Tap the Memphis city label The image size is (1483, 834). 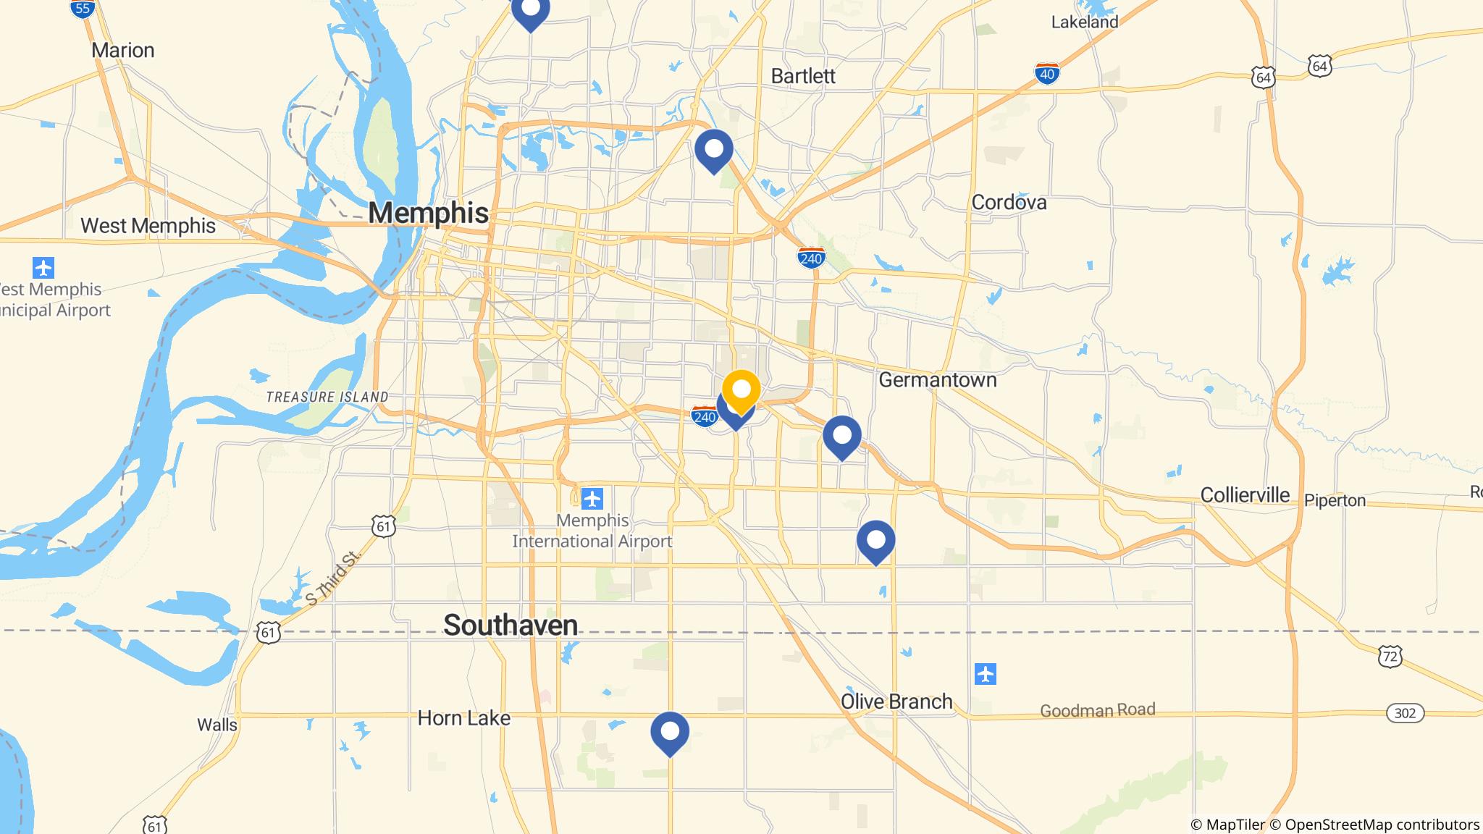428,213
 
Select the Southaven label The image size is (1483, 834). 511,625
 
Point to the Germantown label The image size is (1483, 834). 937,379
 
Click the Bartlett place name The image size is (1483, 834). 803,76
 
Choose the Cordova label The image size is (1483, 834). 1009,202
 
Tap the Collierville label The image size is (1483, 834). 1245,495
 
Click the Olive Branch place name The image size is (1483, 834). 896,702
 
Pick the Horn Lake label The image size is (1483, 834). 464,718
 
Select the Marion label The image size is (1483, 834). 123,50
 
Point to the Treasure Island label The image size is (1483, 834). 327,397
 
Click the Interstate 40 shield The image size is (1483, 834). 1047,73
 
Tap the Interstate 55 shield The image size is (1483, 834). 83,8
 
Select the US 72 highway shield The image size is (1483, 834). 1390,657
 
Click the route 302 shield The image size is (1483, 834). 1405,713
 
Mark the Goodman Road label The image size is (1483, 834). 1097,710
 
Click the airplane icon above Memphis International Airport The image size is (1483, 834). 592,498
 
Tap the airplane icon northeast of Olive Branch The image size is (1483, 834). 986,674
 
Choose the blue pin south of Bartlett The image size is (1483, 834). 714,150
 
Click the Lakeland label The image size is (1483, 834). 1084,22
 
